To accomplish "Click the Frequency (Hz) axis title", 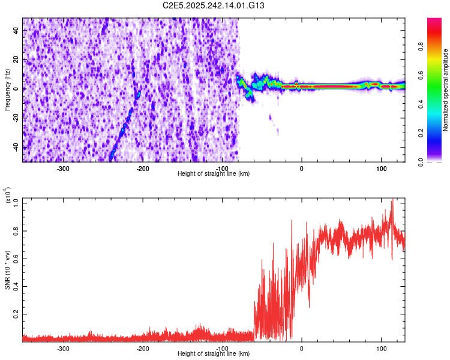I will click(7, 91).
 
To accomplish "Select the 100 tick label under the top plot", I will click(381, 168).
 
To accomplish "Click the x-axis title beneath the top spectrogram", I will click(214, 174).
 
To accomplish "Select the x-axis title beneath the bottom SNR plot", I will click(214, 354).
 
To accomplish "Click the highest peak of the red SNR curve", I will click(392, 200).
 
